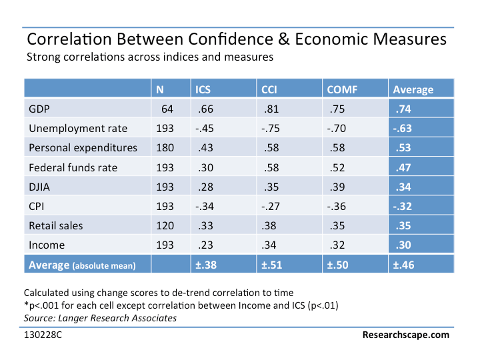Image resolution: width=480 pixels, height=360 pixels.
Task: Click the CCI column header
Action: (x=269, y=89)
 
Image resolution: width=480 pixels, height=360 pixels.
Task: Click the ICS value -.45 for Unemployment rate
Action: (x=204, y=129)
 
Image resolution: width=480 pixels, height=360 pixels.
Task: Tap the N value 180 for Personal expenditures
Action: (x=165, y=148)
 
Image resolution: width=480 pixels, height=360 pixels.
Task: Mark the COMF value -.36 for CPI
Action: (x=337, y=206)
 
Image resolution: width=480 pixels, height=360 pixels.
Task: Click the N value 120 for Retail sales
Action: (x=165, y=225)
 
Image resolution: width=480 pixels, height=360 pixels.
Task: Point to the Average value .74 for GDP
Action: (x=401, y=109)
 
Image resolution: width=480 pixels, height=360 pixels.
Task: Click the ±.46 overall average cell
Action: (x=403, y=265)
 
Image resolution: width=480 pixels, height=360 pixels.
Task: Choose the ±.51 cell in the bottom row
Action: (x=273, y=265)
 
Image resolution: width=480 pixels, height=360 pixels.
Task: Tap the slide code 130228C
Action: (x=46, y=335)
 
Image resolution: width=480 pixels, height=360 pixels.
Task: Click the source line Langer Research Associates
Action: (x=100, y=317)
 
